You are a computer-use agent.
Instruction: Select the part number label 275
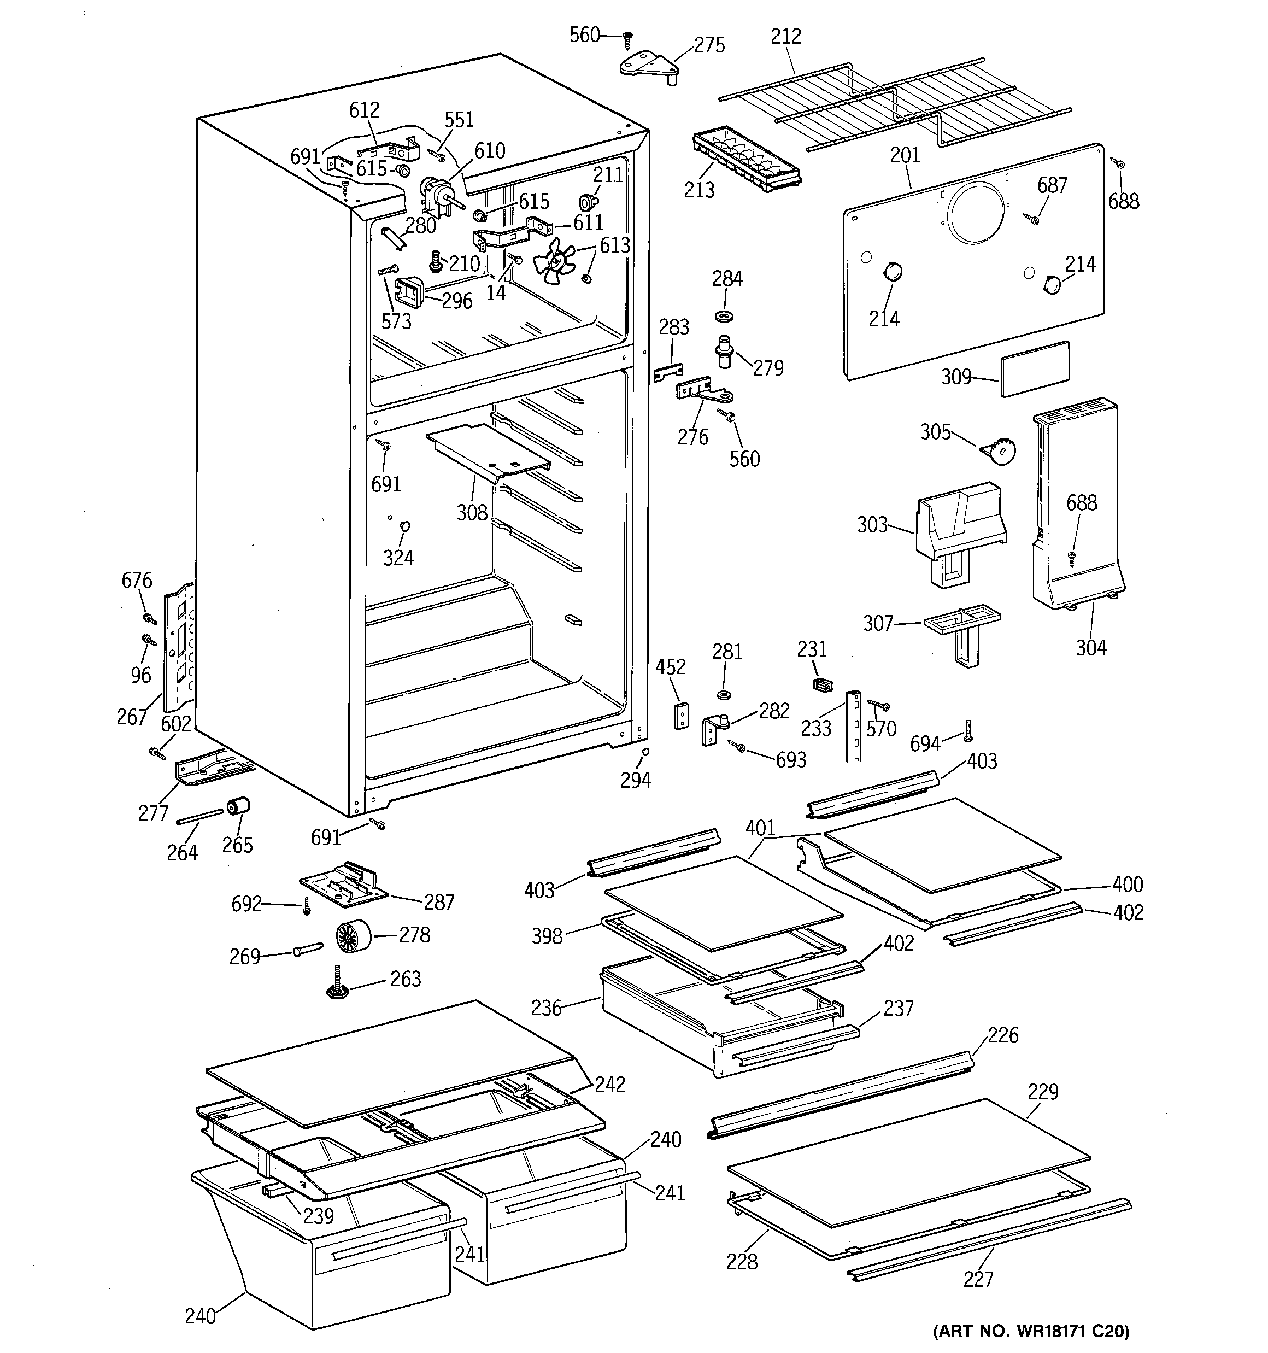(709, 45)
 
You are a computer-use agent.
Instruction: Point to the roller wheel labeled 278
(353, 936)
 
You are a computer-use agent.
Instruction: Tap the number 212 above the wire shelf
(785, 36)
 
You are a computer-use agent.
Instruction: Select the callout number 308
(472, 512)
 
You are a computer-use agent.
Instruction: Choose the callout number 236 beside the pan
(547, 1008)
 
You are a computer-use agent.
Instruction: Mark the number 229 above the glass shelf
(1043, 1092)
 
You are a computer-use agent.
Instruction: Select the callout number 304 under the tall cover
(1090, 647)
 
